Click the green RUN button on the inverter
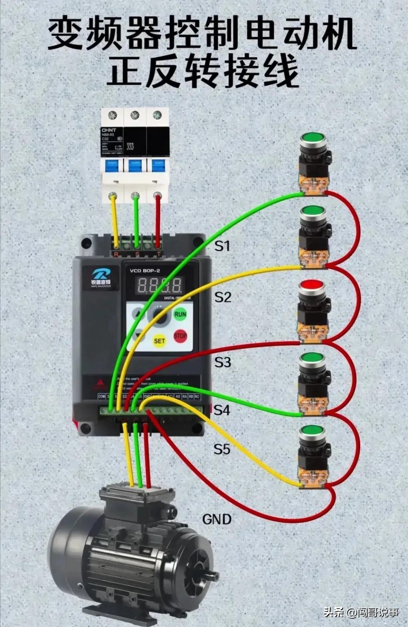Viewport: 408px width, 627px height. (180, 314)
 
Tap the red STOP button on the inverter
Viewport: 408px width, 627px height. (180, 336)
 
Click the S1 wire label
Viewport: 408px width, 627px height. (222, 246)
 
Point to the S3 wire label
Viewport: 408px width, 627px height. (223, 362)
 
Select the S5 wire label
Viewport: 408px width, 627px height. (222, 449)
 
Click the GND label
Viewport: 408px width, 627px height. (217, 519)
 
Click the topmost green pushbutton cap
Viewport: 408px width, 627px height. (313, 138)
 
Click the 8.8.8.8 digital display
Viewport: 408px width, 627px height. (159, 286)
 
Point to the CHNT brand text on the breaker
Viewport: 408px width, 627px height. (109, 130)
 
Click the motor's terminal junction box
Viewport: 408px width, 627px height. (138, 498)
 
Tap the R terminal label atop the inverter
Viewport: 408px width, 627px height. (116, 255)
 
